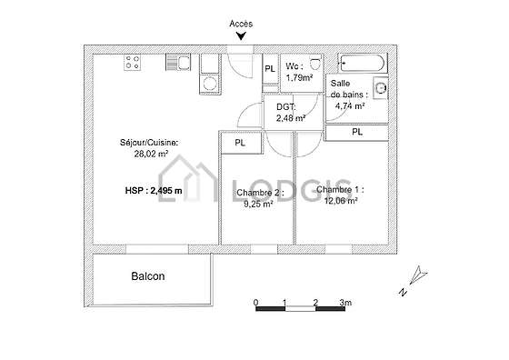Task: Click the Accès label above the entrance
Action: (241, 24)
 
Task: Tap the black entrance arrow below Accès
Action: (241, 36)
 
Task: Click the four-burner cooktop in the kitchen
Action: (133, 63)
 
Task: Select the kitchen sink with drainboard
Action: (178, 63)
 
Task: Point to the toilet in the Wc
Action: (314, 62)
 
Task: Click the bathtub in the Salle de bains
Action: (363, 63)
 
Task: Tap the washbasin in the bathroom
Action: (380, 88)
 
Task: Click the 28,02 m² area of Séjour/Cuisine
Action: (151, 154)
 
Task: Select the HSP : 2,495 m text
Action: (154, 191)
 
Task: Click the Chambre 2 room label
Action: (260, 193)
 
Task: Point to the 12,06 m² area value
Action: (341, 201)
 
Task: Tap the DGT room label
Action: (286, 106)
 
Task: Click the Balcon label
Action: (148, 276)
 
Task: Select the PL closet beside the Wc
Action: (270, 69)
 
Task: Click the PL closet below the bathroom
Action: (357, 132)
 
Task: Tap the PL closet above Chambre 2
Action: (240, 143)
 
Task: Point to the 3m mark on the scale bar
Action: (345, 303)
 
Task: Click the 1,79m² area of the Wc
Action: (299, 78)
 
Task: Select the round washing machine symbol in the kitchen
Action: (210, 84)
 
